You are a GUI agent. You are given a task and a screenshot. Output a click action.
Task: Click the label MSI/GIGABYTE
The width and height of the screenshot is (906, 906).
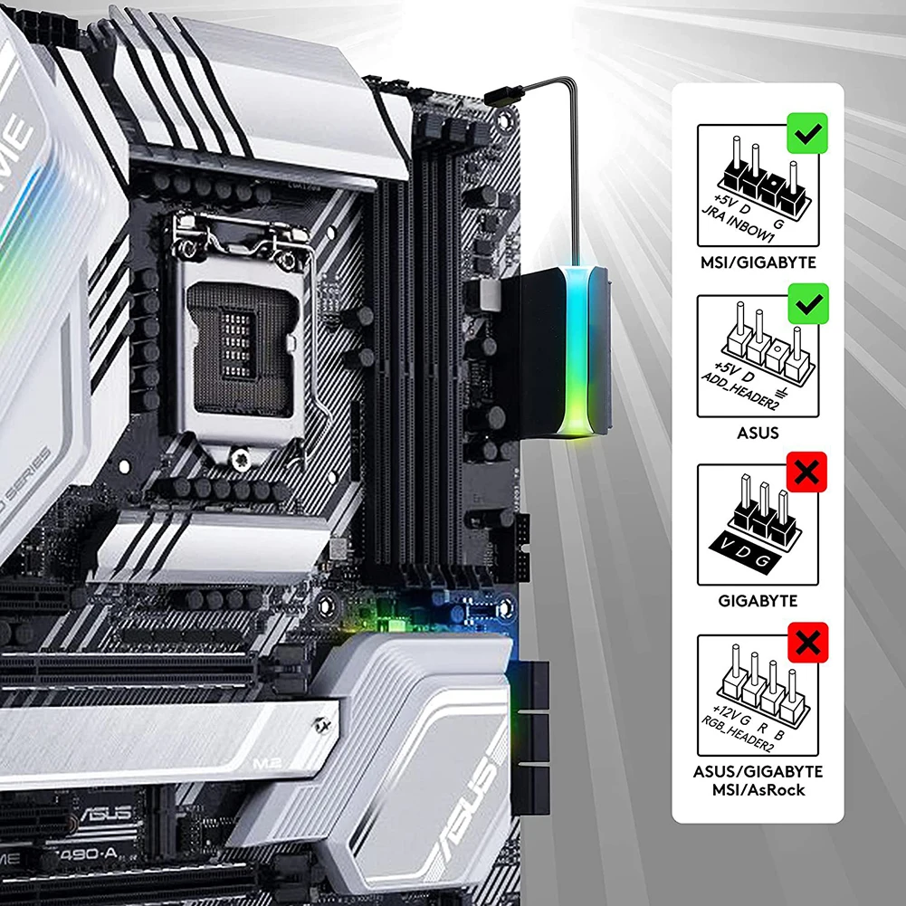pyautogui.click(x=757, y=262)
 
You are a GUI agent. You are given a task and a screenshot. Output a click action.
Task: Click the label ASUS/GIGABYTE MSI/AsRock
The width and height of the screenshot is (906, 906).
pyautogui.click(x=757, y=780)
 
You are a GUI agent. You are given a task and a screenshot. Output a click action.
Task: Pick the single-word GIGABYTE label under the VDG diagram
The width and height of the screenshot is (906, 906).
pyautogui.click(x=757, y=601)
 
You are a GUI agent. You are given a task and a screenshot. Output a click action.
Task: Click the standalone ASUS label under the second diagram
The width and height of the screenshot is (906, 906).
pyautogui.click(x=757, y=433)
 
